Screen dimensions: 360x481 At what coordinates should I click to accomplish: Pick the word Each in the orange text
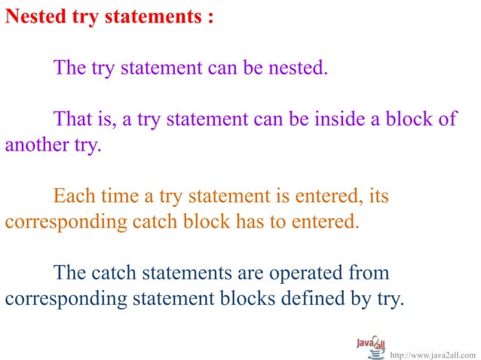click(74, 198)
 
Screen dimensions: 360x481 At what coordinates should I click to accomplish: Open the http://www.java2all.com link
click(433, 352)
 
